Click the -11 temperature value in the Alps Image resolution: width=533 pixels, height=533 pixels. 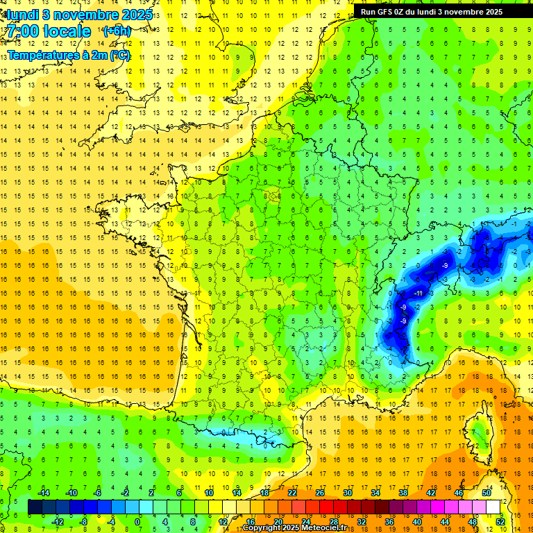point(418,294)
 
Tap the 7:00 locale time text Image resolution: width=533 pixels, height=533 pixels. point(49,31)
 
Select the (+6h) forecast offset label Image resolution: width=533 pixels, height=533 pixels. point(117,31)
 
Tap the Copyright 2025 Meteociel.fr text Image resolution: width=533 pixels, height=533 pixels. point(294,528)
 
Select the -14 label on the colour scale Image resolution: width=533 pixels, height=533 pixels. point(43,493)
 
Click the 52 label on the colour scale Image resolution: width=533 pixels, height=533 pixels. point(500,522)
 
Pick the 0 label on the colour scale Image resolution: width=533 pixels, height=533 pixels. point(137,522)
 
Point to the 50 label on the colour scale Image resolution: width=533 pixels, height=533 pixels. point(487,493)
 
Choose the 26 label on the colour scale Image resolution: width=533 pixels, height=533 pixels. point(320,493)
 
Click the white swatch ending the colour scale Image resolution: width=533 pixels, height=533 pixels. point(493,507)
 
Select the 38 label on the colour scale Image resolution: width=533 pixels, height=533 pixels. point(403,493)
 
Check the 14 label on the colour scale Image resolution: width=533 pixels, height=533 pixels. point(237,493)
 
